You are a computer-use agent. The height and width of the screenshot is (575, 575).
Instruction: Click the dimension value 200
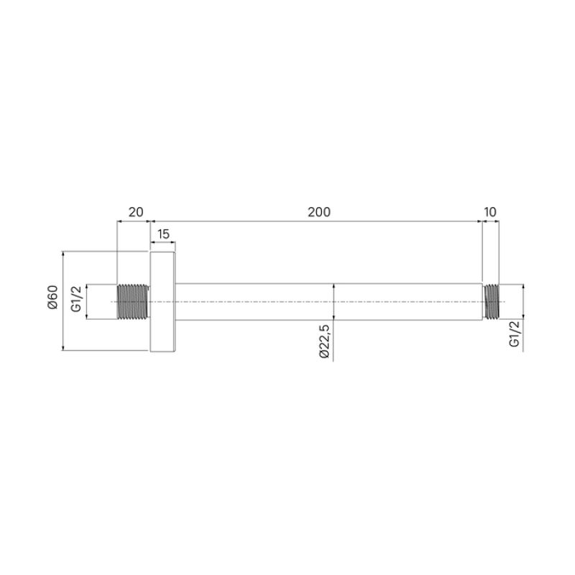(x=319, y=212)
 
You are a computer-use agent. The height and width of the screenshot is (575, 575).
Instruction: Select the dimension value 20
(x=135, y=212)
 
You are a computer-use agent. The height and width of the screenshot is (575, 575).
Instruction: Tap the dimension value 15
(x=163, y=234)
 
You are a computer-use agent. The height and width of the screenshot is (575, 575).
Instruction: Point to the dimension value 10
(x=491, y=212)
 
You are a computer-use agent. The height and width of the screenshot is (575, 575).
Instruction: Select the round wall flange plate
(x=162, y=302)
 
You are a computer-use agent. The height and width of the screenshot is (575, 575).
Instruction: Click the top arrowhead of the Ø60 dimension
(x=64, y=254)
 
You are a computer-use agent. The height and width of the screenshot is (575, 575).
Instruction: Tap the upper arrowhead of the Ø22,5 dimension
(x=334, y=287)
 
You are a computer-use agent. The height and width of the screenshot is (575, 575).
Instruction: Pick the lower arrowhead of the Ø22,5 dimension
(x=334, y=316)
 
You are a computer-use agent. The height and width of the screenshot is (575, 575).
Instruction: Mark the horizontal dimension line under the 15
(x=163, y=244)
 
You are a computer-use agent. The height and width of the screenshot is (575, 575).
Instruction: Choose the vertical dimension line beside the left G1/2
(x=86, y=301)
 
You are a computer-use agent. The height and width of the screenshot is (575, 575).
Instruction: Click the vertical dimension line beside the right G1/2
(x=523, y=301)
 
